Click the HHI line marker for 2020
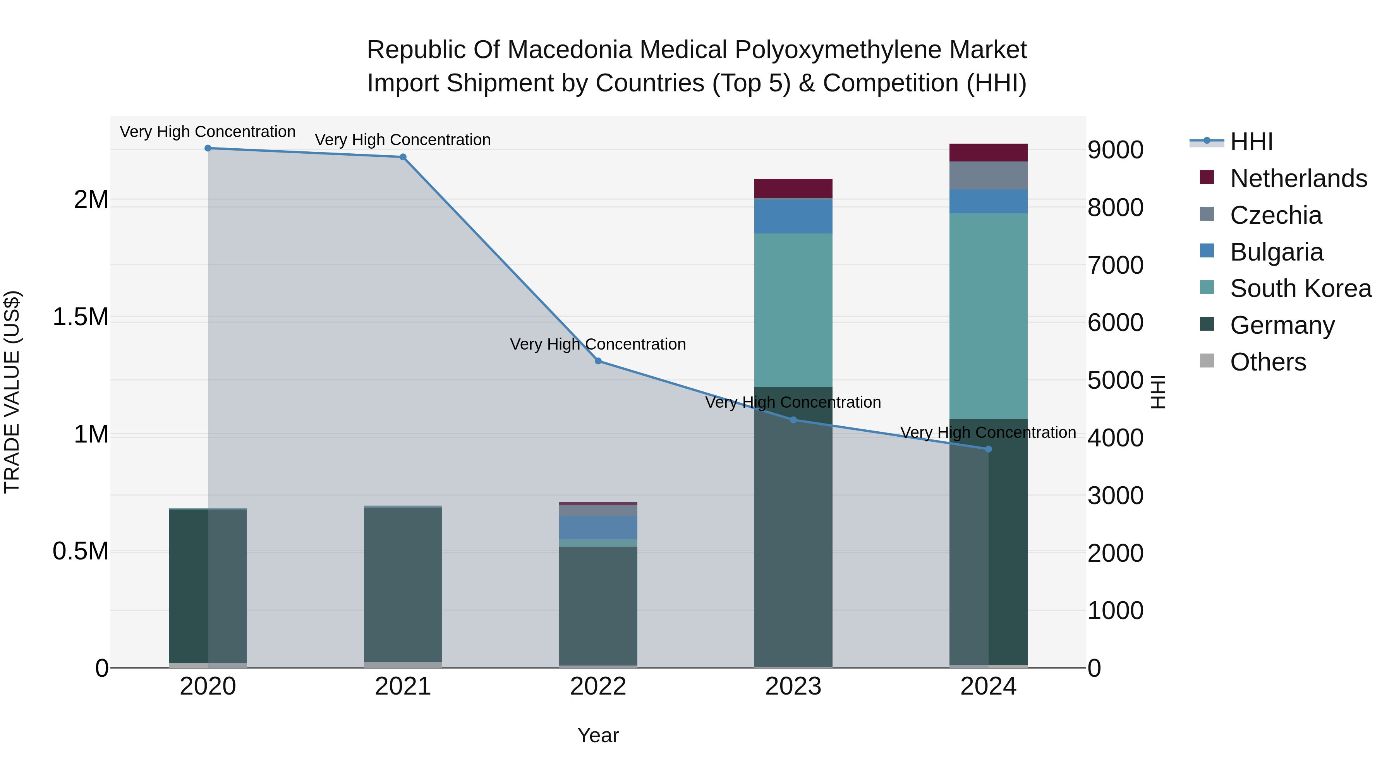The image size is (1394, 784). click(208, 148)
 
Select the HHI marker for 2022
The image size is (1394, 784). click(598, 361)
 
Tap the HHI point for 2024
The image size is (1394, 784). click(988, 449)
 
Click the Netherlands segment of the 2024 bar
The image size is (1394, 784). click(988, 153)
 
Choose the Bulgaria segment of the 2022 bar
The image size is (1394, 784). click(598, 528)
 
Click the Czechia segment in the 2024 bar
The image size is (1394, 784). click(988, 175)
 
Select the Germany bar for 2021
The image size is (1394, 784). click(403, 584)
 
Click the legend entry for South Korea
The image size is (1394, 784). click(1300, 288)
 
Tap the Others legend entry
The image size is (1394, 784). click(1267, 362)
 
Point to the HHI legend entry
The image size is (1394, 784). click(1251, 142)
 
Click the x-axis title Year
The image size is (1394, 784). click(598, 735)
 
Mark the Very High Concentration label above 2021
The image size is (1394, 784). click(403, 140)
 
